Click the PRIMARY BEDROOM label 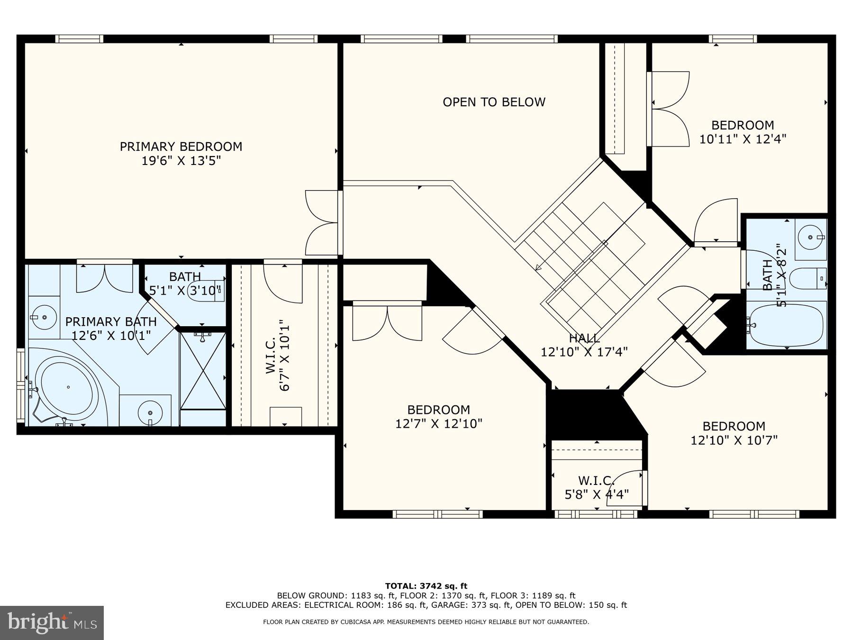(181, 146)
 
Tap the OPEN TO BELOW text (494, 102)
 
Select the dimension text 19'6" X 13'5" (181, 161)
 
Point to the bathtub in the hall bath (786, 325)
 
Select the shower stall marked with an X (203, 371)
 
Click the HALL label (584, 338)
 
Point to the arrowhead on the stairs (538, 267)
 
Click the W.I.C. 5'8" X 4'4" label (596, 487)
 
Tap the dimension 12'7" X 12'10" (438, 423)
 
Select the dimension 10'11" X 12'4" (743, 139)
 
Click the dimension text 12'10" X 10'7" (734, 440)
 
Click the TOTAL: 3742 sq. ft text (426, 586)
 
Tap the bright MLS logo (52, 622)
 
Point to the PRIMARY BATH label (110, 321)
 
